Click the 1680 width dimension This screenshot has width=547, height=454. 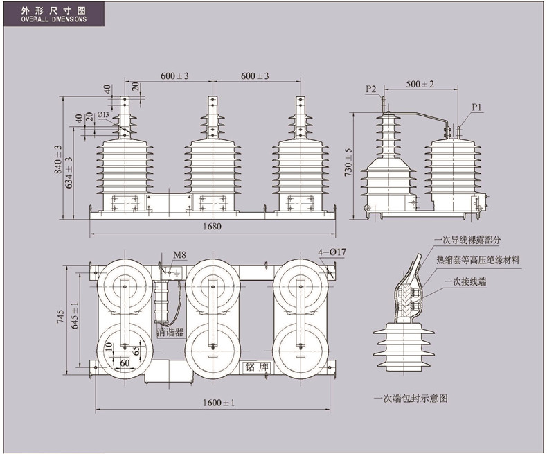[212, 226]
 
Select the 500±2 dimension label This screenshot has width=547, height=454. [420, 84]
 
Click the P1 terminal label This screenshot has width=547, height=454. [476, 107]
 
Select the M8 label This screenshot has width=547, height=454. [179, 255]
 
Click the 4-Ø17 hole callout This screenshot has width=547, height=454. [332, 252]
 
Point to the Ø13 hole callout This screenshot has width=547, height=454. [104, 114]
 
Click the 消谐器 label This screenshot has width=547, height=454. [170, 332]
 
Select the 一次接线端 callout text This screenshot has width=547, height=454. [466, 281]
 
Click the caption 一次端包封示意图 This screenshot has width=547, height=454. [411, 399]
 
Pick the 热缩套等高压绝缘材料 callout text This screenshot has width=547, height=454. [478, 260]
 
